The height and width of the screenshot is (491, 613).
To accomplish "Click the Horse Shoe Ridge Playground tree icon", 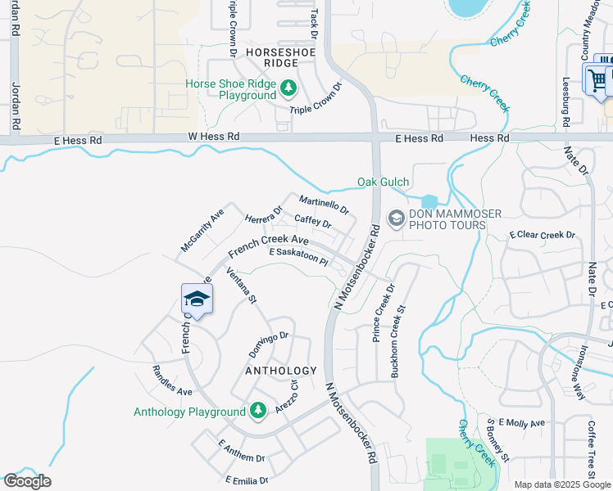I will tap(288, 87).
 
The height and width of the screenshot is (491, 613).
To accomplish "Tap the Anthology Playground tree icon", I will tap(257, 409).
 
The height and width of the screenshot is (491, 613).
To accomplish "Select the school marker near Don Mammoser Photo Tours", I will tap(396, 218).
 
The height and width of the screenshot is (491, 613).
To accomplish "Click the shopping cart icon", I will tap(597, 79).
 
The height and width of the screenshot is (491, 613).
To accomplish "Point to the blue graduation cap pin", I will tap(197, 298).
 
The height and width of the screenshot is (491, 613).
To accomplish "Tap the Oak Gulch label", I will tap(383, 182).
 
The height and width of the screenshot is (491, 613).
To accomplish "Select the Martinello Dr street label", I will tap(324, 205).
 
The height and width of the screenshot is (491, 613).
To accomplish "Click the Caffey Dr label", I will tap(312, 221).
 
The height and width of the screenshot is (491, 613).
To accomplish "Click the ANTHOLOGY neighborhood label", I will tap(280, 371).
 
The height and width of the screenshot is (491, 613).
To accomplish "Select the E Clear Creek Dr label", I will tap(543, 235).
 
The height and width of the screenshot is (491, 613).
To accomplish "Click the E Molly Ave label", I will tap(526, 423).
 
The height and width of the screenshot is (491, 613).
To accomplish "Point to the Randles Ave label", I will tap(172, 382).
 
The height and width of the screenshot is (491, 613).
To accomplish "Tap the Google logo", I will tap(27, 481).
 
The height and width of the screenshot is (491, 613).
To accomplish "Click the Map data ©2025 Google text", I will tap(561, 484).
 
